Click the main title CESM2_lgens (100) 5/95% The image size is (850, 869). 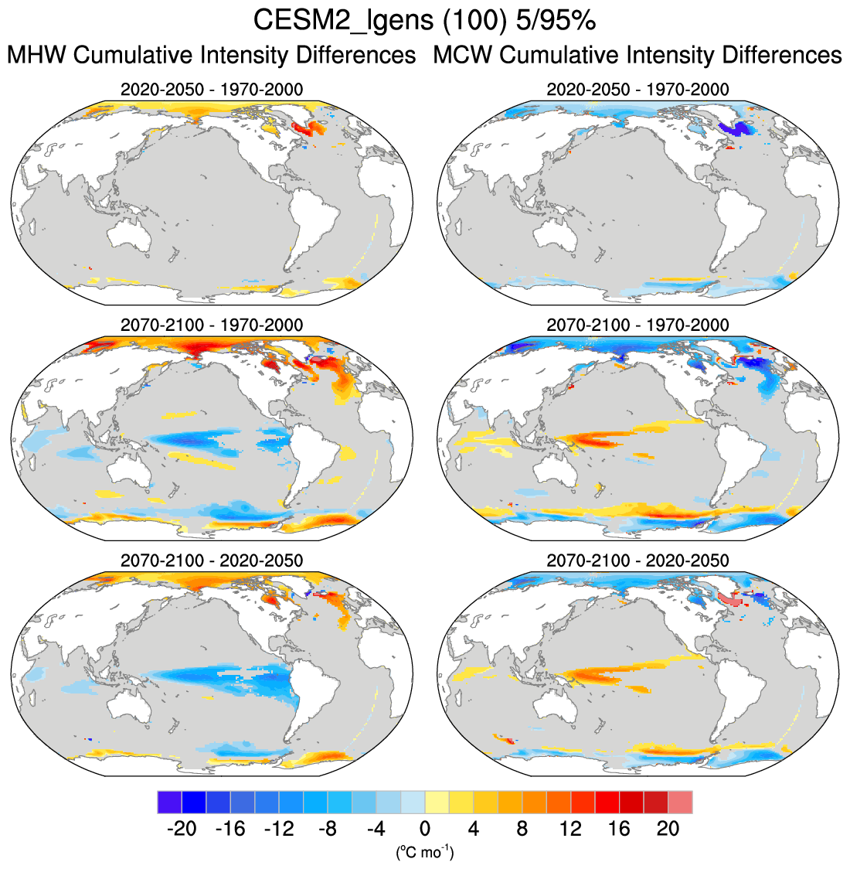pos(424,21)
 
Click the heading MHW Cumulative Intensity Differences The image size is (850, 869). pos(211,56)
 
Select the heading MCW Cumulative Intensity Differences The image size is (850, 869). pos(637,56)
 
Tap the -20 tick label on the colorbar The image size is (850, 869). pos(182,829)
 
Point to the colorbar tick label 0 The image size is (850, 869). pos(425,829)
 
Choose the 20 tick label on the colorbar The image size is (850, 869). pos(668,829)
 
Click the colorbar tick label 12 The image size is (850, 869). pos(570,829)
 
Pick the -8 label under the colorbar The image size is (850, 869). pos(328,829)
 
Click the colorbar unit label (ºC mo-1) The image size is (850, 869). pos(425,853)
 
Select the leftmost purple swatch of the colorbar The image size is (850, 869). pos(169,802)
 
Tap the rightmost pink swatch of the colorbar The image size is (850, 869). pos(681,802)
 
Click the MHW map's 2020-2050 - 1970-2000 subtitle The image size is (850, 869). pos(212,90)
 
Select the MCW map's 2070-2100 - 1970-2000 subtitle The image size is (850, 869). pos(637,325)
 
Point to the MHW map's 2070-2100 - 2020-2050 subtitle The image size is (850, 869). pos(212,560)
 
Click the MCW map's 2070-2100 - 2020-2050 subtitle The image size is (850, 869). pos(637,560)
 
